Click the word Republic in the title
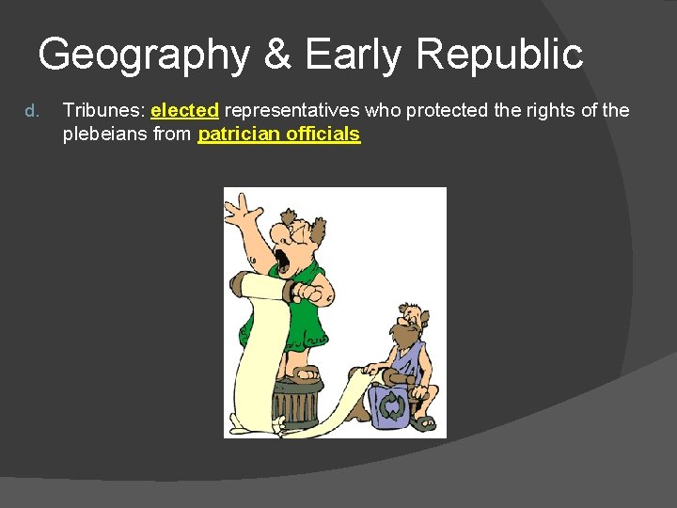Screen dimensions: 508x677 click(x=499, y=55)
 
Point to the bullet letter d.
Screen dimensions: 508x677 click(x=31, y=112)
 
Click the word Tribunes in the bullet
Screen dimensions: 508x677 click(x=102, y=111)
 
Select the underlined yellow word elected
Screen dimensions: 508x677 click(x=184, y=111)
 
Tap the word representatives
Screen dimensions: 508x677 click(x=291, y=111)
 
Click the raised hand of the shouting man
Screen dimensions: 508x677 click(x=243, y=209)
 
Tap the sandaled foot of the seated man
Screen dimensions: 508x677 click(x=423, y=421)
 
